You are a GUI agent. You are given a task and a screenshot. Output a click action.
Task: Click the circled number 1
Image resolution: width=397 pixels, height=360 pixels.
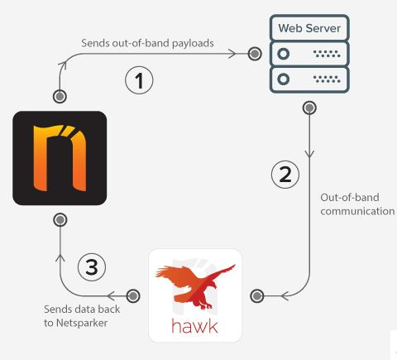coord(139,80)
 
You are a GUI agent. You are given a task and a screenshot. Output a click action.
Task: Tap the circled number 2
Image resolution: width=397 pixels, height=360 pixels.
coord(285,175)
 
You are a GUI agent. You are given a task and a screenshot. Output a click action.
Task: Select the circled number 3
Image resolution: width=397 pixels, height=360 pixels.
coord(92,267)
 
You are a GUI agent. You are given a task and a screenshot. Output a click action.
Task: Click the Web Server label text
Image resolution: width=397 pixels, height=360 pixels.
coord(309,28)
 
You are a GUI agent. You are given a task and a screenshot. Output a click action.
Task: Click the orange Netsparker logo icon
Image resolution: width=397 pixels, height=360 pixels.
coord(60,158)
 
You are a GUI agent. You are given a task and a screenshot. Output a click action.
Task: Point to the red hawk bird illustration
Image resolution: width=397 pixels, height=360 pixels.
coord(195,286)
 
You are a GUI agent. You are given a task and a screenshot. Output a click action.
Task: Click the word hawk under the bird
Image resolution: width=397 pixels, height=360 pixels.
coord(194,326)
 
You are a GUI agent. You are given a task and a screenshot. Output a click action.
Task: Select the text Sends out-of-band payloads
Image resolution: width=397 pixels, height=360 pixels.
coord(147,43)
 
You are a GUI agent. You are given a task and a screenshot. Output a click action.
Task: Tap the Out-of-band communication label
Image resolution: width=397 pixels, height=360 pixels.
coord(357,204)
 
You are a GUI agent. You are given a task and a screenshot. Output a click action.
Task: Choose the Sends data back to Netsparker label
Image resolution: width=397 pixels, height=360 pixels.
coord(82,316)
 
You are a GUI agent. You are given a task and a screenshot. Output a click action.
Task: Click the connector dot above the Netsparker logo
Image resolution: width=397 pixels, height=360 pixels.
coord(60,97)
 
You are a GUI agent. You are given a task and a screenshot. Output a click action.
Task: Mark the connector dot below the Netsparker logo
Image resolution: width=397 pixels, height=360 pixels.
coord(60,220)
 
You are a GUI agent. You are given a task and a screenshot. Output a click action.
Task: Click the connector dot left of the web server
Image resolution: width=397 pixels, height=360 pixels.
coord(255,54)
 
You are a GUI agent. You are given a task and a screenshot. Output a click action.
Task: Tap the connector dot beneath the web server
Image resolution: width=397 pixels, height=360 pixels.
coord(309,108)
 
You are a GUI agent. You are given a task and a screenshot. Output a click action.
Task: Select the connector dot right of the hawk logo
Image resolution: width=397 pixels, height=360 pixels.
coord(257,296)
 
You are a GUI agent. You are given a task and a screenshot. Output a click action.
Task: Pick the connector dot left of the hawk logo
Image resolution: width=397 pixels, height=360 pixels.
coord(133,296)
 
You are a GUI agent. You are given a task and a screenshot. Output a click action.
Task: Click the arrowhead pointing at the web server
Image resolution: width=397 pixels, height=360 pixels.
coord(232,54)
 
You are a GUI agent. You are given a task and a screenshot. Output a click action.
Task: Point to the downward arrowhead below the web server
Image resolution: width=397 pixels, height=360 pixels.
coord(309,154)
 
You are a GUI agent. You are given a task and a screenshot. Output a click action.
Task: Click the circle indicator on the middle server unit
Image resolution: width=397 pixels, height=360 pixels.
coord(283,54)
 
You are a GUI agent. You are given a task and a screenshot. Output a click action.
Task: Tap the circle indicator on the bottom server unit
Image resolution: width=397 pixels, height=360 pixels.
coord(283,79)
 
